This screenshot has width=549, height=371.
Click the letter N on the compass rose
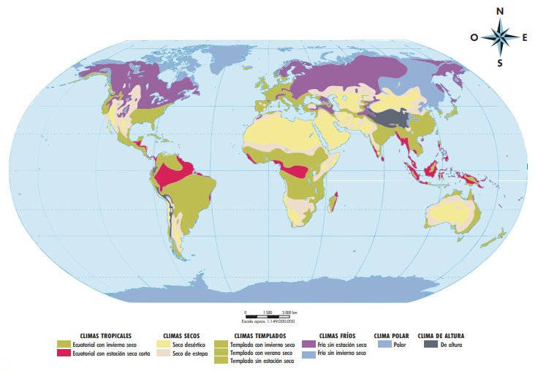pyautogui.click(x=500, y=11)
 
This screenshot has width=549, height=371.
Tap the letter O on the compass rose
pyautogui.click(x=474, y=37)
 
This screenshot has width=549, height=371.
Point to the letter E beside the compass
pyautogui.click(x=526, y=37)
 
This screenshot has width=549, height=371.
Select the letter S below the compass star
pyautogui.click(x=500, y=63)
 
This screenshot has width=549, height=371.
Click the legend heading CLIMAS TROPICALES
pyautogui.click(x=106, y=335)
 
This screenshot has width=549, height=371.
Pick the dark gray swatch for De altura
pyautogui.click(x=431, y=344)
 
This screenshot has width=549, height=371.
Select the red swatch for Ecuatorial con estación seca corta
pyautogui.click(x=65, y=353)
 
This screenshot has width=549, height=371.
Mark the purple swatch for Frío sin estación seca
pyautogui.click(x=310, y=344)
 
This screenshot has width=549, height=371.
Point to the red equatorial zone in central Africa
pyautogui.click(x=295, y=172)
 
